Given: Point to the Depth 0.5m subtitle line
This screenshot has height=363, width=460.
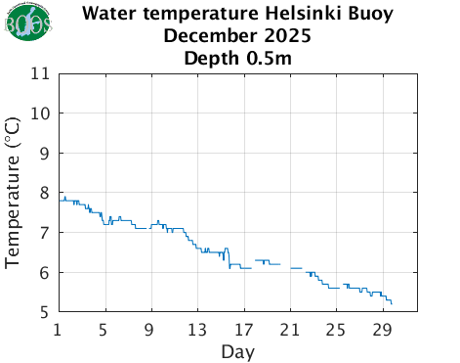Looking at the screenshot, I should click(x=238, y=58).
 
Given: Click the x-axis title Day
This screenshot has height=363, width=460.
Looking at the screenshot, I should click(x=238, y=350).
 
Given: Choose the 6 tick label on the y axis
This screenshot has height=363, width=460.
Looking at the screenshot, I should click(x=45, y=273).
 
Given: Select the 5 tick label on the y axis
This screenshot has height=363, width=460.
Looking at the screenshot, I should click(x=45, y=312).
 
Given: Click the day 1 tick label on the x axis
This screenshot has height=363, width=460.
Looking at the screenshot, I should click(x=59, y=328).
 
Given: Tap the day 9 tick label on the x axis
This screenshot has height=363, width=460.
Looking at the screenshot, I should click(x=151, y=328).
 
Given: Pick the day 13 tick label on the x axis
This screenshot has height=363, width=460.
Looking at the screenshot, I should click(x=197, y=328).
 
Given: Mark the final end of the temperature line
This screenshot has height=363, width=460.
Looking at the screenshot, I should click(x=392, y=304).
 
